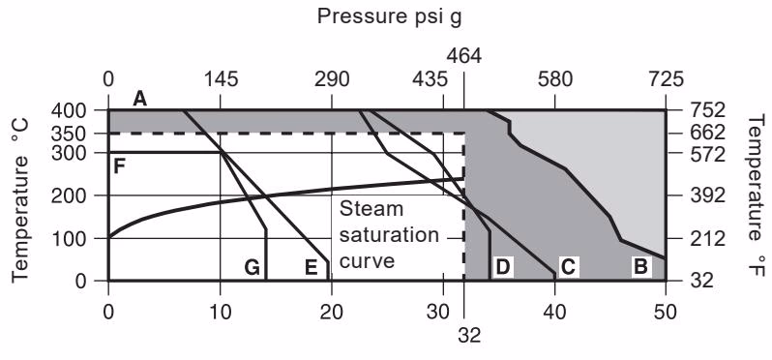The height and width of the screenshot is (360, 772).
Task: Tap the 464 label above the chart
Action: pos(463,55)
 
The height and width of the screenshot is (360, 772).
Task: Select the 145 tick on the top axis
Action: pos(221,78)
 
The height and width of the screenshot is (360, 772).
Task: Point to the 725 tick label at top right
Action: pos(665,78)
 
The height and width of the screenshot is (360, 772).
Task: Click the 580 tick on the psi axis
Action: pos(554,78)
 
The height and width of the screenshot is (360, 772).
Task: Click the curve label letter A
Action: pos(141,98)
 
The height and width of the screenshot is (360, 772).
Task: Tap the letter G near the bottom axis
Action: pos(252,267)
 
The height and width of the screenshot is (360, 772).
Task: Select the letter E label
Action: pos(311,267)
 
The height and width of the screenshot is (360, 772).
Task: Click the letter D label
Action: pos(503,266)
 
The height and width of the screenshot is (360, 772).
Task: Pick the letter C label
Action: pos(569,266)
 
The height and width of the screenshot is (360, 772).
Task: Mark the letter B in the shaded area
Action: pos(639,266)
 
